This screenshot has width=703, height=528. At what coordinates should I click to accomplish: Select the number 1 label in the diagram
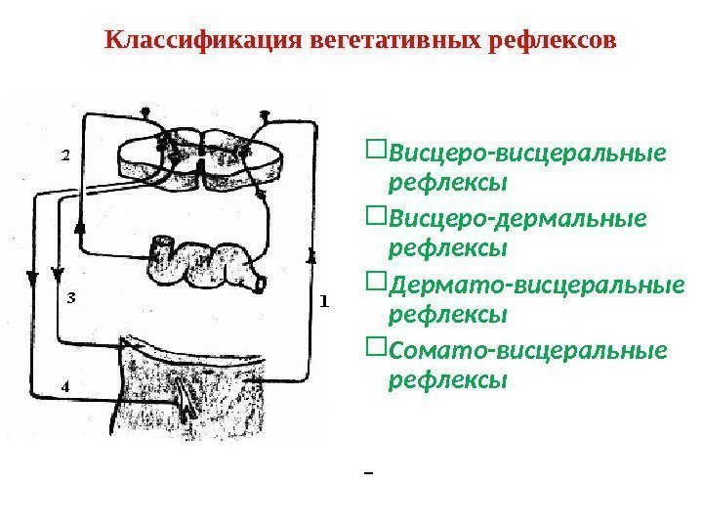tap(324, 300)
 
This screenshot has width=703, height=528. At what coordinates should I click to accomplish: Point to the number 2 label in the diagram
tap(66, 154)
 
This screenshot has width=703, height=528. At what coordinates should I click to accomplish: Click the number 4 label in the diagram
tap(65, 386)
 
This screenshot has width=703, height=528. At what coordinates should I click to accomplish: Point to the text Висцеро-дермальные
tap(517, 219)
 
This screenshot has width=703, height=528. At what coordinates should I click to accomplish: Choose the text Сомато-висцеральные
tap(528, 350)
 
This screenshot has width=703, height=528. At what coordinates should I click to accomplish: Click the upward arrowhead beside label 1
tap(312, 256)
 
